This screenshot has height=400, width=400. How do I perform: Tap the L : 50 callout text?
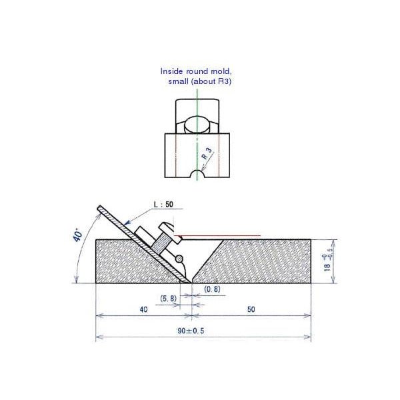163,205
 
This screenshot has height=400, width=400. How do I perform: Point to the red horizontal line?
220,234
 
